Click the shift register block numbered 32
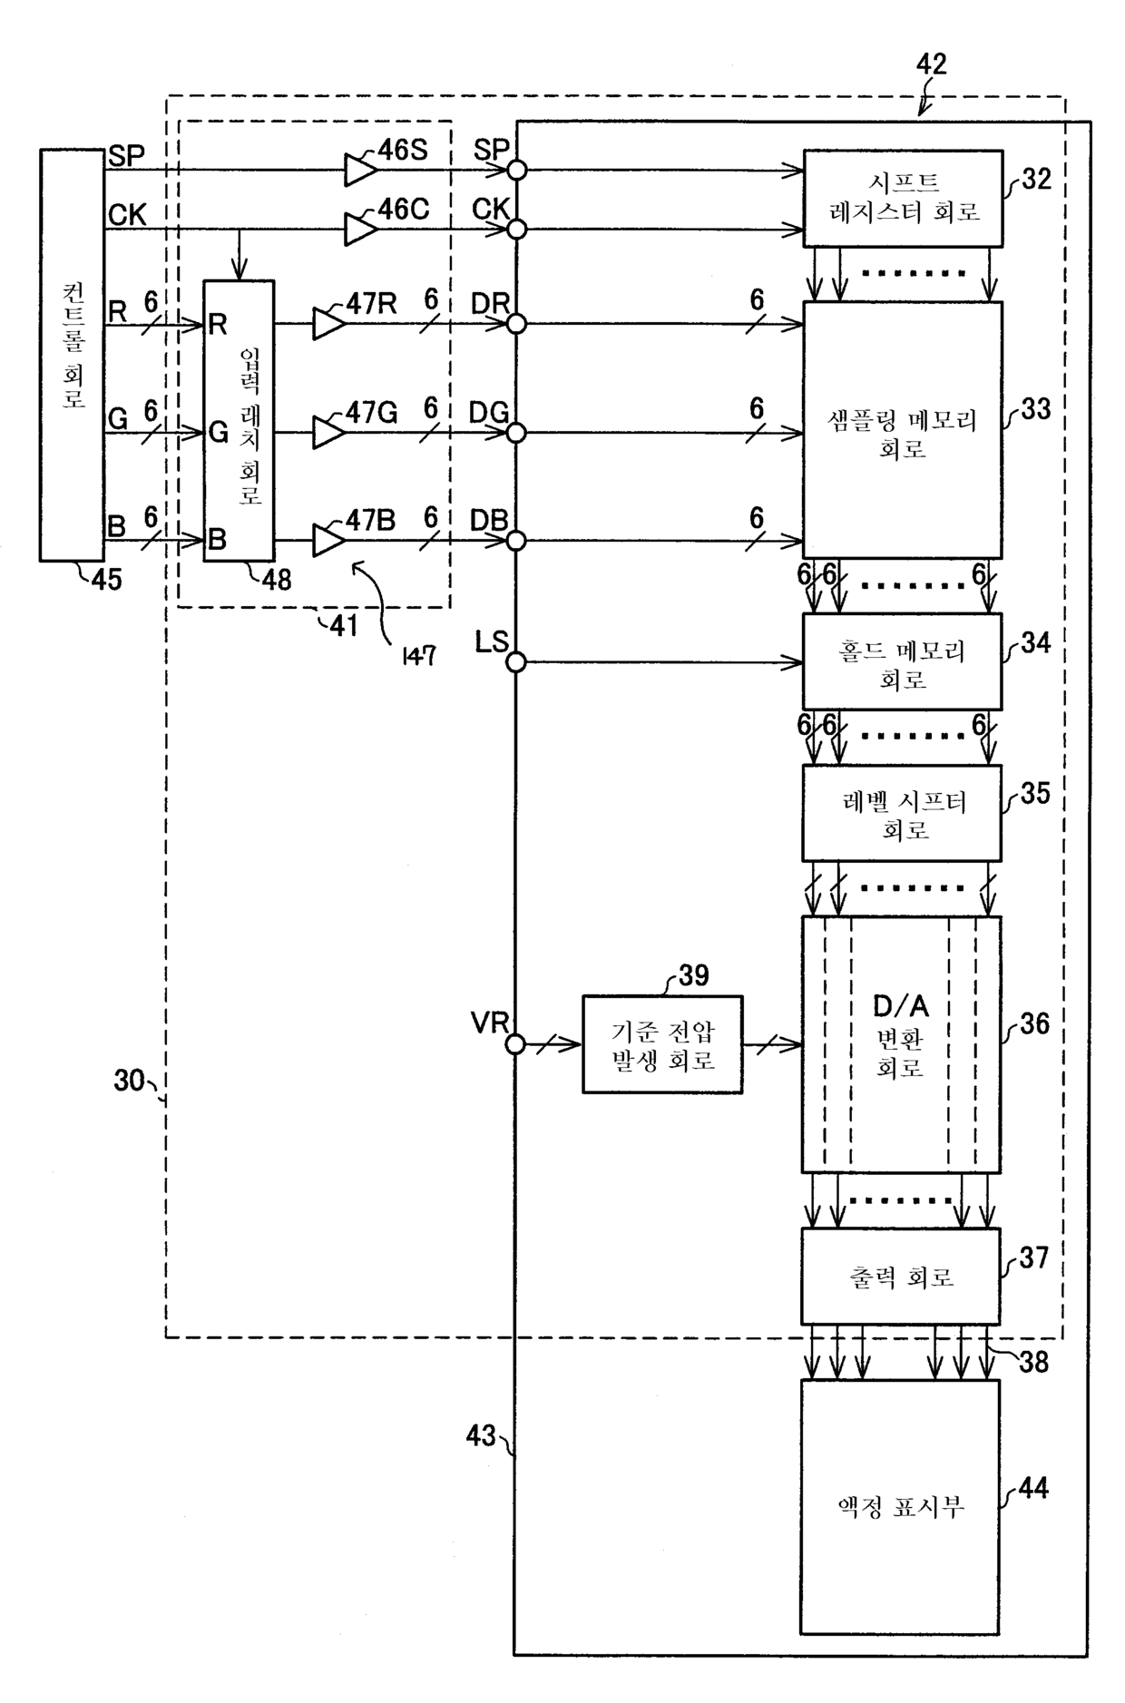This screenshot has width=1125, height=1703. (903, 199)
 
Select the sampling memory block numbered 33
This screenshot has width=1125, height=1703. (902, 430)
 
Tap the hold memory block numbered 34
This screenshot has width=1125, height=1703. (902, 661)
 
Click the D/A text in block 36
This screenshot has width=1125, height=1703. (901, 1006)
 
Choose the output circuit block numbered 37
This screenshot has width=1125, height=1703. (901, 1276)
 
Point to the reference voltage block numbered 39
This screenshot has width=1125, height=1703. (662, 1044)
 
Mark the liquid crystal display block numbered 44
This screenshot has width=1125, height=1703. (900, 1507)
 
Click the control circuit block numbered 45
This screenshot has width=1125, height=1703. (72, 355)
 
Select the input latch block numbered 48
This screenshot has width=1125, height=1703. (239, 421)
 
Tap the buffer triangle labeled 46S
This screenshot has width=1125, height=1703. (360, 170)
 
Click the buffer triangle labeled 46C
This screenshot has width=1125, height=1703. (360, 229)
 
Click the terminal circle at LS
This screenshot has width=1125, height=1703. (515, 662)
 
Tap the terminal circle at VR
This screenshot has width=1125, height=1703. (515, 1045)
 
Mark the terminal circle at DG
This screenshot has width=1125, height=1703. (515, 433)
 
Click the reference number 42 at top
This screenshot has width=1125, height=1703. (932, 64)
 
